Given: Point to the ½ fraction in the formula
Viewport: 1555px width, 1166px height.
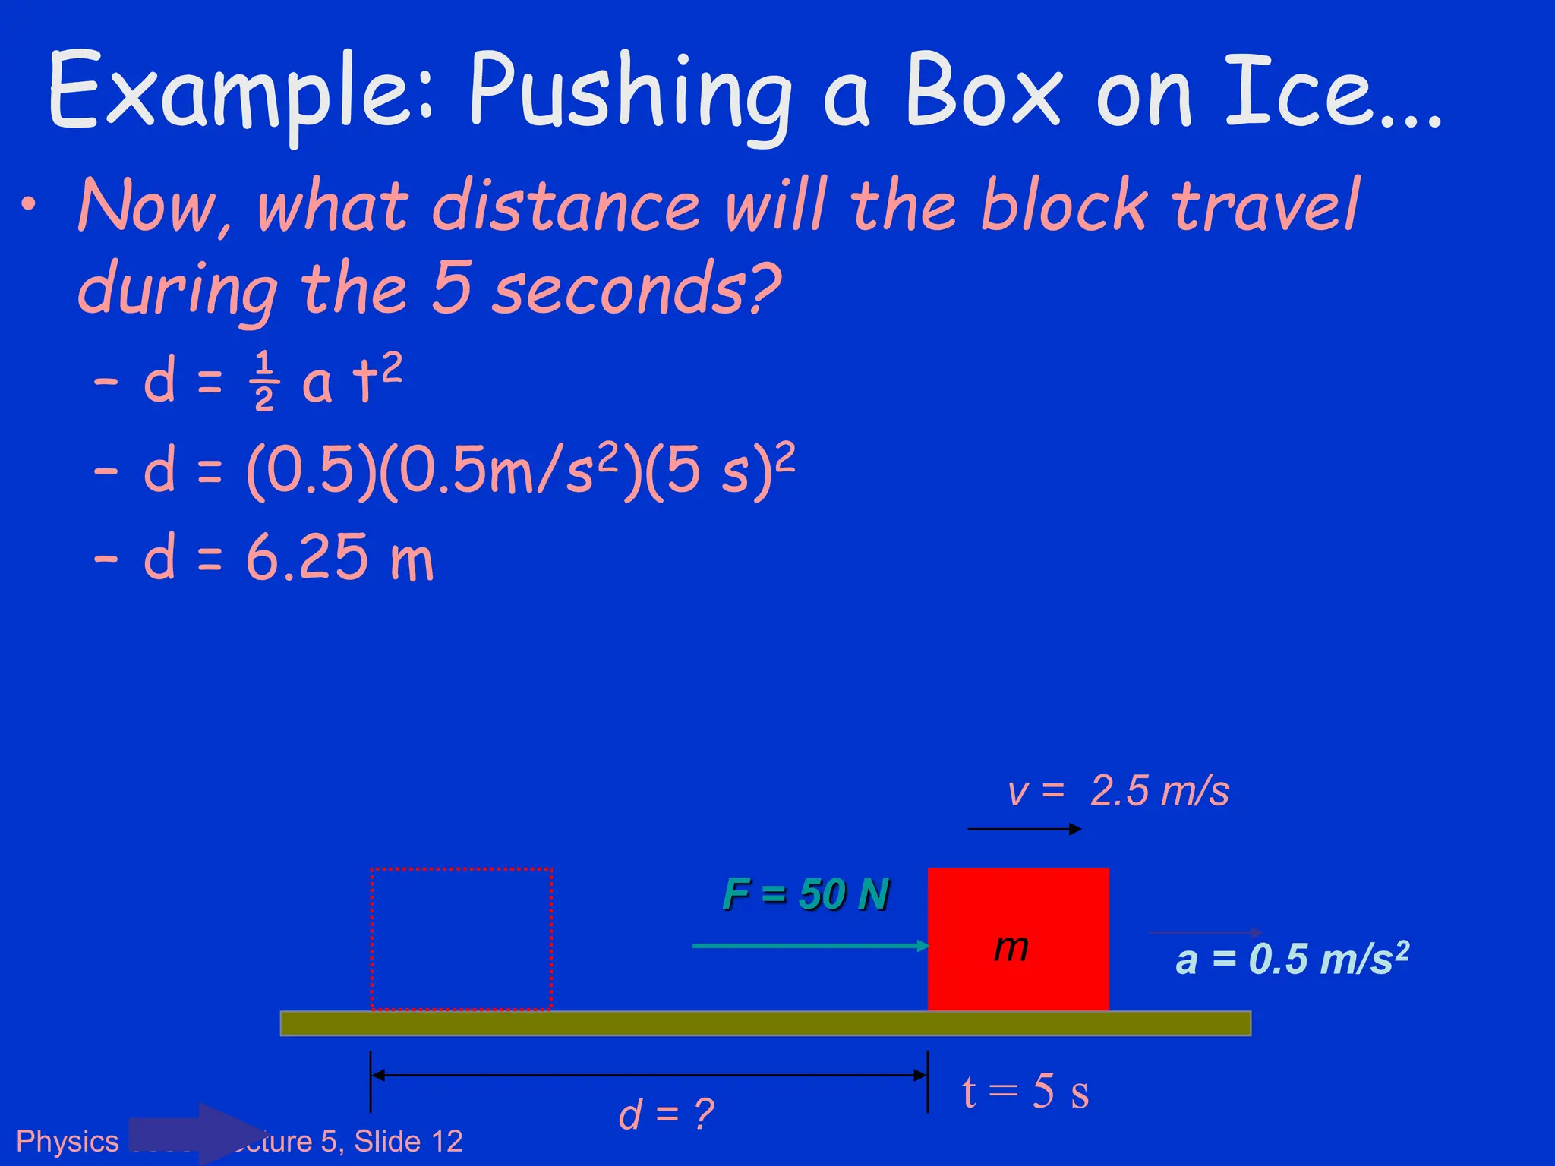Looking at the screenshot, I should tap(264, 381).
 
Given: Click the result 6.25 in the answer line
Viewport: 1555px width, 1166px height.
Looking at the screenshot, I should tap(308, 558).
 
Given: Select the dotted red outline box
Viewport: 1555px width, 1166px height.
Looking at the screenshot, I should tap(461, 939).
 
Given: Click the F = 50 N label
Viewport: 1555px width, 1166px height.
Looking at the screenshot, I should tap(805, 894).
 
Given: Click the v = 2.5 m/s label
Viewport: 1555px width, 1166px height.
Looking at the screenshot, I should tap(1118, 791).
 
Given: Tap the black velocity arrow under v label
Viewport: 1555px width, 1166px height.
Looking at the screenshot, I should tap(1024, 829).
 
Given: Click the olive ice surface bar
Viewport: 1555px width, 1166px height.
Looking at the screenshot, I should tap(765, 1023).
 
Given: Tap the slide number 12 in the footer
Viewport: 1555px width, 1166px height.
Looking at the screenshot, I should tap(446, 1141).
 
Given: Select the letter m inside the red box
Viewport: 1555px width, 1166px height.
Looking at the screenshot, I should tap(1011, 947).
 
